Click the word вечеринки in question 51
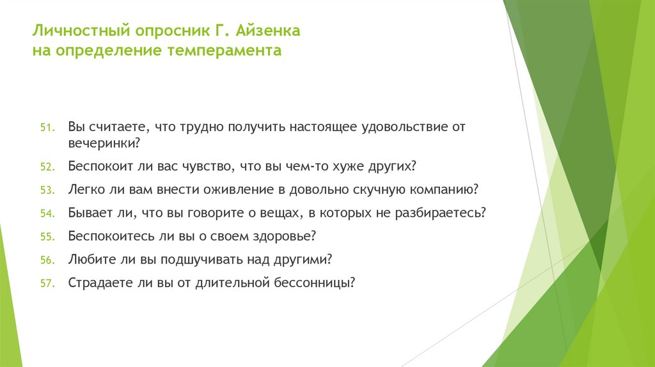pyautogui.click(x=102, y=143)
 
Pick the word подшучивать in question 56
pyautogui.click(x=219, y=260)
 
